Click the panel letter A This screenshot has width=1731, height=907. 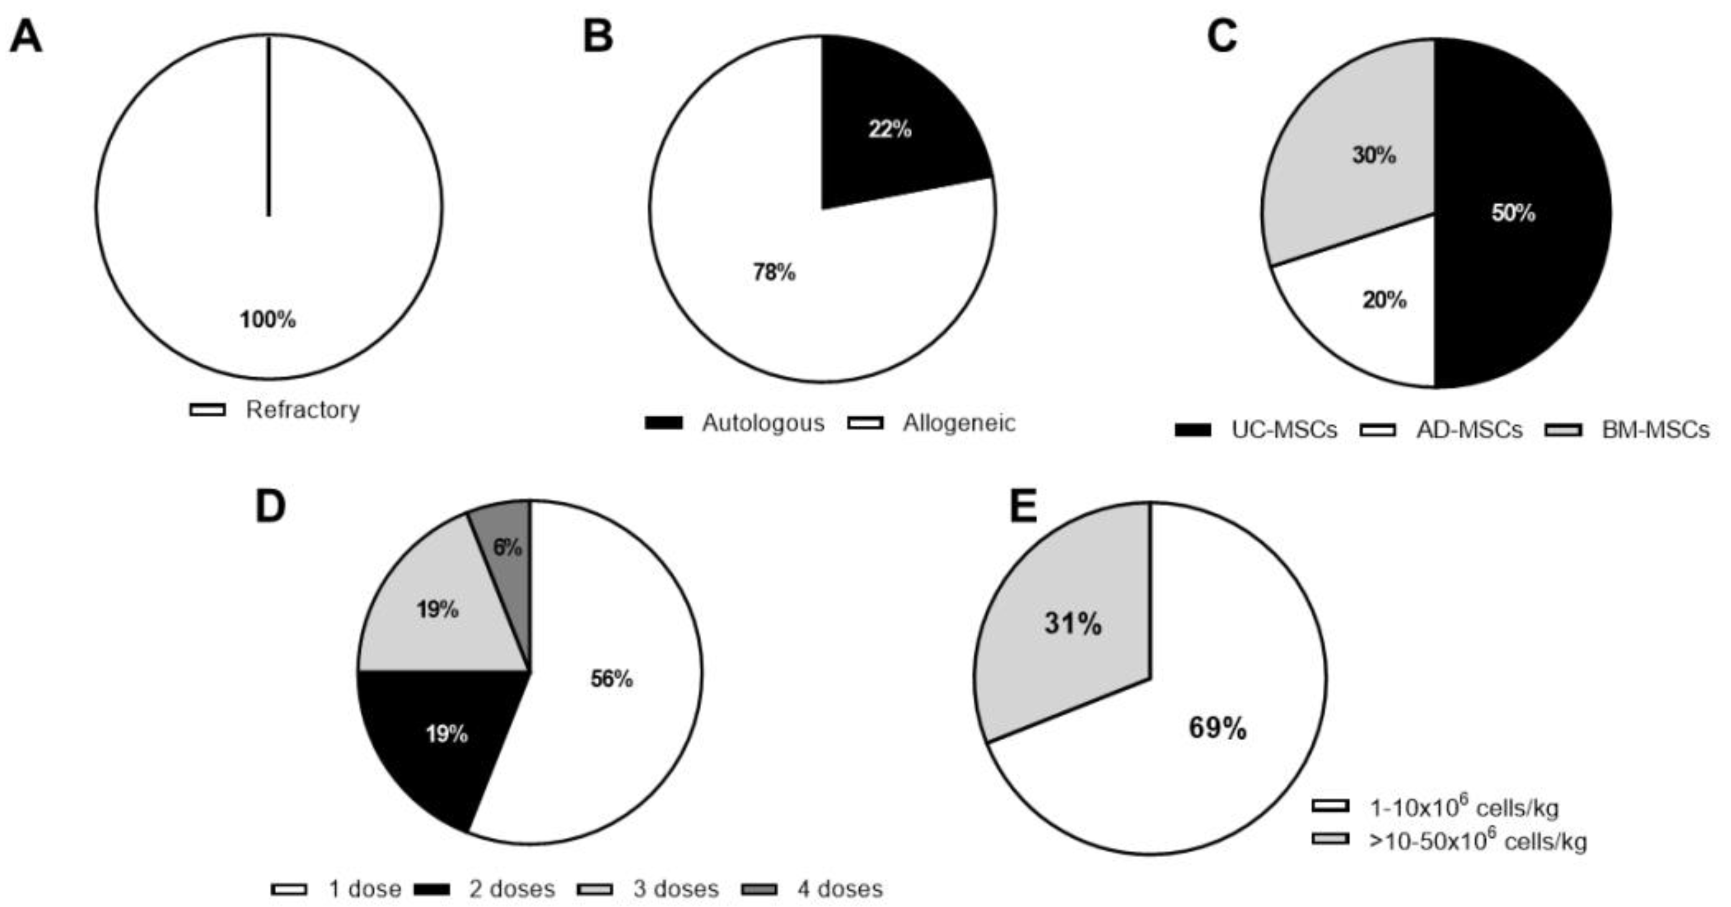click(26, 37)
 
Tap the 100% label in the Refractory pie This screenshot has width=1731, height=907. click(268, 320)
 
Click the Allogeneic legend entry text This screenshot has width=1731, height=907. click(958, 423)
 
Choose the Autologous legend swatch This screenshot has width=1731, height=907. click(663, 423)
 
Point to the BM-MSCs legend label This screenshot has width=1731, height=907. click(1655, 430)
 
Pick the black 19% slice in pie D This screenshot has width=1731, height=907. click(444, 739)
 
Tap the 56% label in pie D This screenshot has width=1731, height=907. click(611, 679)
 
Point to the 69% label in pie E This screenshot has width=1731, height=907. click(1218, 727)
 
